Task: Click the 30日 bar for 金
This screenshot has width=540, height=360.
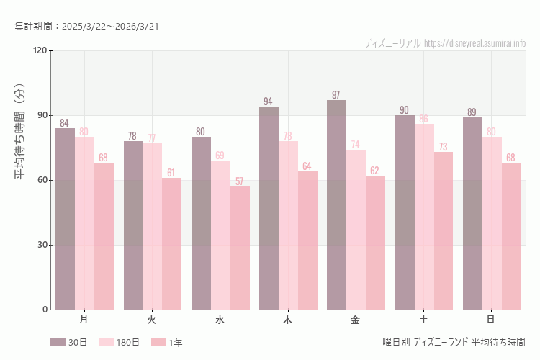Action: point(337,205)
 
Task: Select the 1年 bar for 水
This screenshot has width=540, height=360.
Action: point(240,248)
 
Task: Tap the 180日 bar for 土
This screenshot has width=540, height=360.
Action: point(424,217)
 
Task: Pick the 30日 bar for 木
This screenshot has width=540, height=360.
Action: point(269,208)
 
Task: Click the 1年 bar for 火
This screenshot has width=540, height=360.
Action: point(172,244)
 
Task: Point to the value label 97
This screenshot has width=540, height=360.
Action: point(336,95)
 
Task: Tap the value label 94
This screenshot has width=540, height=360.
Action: point(269,102)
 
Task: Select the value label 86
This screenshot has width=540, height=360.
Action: point(424,119)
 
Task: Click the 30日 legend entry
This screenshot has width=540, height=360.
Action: point(69,343)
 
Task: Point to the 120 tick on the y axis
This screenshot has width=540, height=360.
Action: point(40,50)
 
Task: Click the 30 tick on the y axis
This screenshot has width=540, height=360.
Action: point(42,245)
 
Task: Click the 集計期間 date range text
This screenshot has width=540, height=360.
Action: point(86,26)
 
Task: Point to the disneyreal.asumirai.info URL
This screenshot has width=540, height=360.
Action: point(474,43)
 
